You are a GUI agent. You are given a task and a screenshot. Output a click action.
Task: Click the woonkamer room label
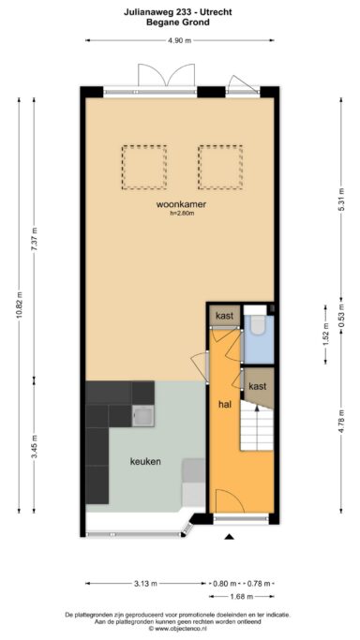click(x=181, y=204)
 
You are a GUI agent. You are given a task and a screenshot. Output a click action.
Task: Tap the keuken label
click(x=145, y=462)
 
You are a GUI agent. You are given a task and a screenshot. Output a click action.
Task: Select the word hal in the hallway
click(x=224, y=405)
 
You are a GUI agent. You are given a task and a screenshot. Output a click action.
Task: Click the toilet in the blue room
click(x=258, y=325)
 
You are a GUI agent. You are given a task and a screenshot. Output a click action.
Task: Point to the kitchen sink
click(x=142, y=416)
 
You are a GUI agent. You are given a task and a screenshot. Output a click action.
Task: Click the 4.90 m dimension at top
click(x=180, y=40)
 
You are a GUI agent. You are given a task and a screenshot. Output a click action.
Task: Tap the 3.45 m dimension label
click(x=34, y=447)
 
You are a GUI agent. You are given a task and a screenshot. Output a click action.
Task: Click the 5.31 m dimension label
click(x=341, y=200)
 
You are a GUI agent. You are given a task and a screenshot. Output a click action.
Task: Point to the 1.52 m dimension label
click(x=325, y=335)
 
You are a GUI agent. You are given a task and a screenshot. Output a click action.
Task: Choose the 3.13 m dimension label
click(x=145, y=583)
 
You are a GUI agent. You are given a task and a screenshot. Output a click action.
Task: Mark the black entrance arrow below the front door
click(x=230, y=537)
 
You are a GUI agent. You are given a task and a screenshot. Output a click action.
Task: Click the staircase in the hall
click(x=256, y=424)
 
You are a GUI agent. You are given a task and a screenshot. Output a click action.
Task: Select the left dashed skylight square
click(x=144, y=167)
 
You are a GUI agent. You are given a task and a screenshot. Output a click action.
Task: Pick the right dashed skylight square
click(x=220, y=167)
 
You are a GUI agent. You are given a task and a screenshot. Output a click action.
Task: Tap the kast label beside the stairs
click(x=258, y=386)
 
